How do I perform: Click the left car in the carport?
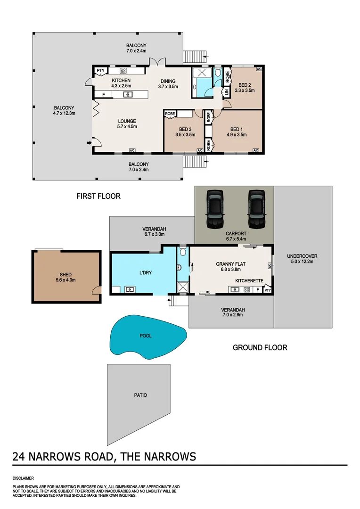(214, 207)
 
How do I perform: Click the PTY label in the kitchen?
(100, 71)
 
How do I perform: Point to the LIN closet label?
(227, 92)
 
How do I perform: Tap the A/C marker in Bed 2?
(259, 69)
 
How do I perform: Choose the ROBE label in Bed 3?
(170, 114)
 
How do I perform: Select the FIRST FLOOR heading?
(98, 196)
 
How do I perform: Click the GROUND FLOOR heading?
(260, 348)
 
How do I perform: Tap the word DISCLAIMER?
(23, 478)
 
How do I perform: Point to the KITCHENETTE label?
(249, 280)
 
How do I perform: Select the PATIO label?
(140, 395)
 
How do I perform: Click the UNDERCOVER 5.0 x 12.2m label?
(302, 259)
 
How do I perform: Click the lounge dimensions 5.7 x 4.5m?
(127, 127)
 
